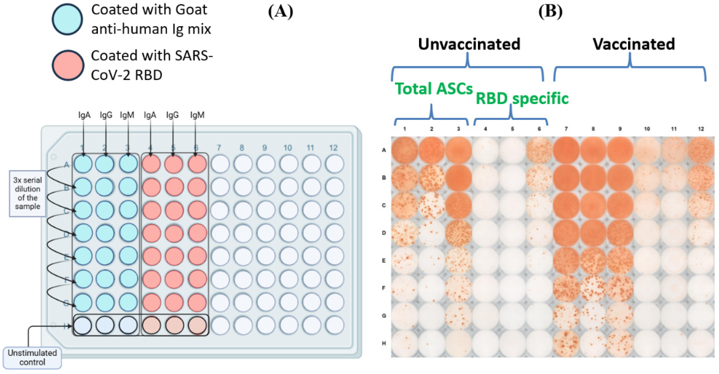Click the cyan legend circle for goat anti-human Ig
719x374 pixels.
(67, 19)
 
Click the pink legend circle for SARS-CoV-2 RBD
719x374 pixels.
(68, 65)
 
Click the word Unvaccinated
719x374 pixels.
(469, 44)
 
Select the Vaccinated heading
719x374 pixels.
(634, 44)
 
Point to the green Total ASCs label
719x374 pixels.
(434, 89)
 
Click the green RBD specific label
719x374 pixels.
(522, 98)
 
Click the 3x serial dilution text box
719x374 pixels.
(27, 193)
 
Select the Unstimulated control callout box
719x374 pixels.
(32, 357)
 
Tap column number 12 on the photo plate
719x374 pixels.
(701, 129)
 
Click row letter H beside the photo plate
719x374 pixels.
(384, 343)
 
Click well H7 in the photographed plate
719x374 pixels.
(566, 343)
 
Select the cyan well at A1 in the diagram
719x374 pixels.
(83, 164)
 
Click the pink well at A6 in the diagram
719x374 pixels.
(197, 164)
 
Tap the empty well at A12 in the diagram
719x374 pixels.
(334, 164)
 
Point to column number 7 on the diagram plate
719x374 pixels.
(219, 148)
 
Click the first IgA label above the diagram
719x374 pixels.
(84, 115)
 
